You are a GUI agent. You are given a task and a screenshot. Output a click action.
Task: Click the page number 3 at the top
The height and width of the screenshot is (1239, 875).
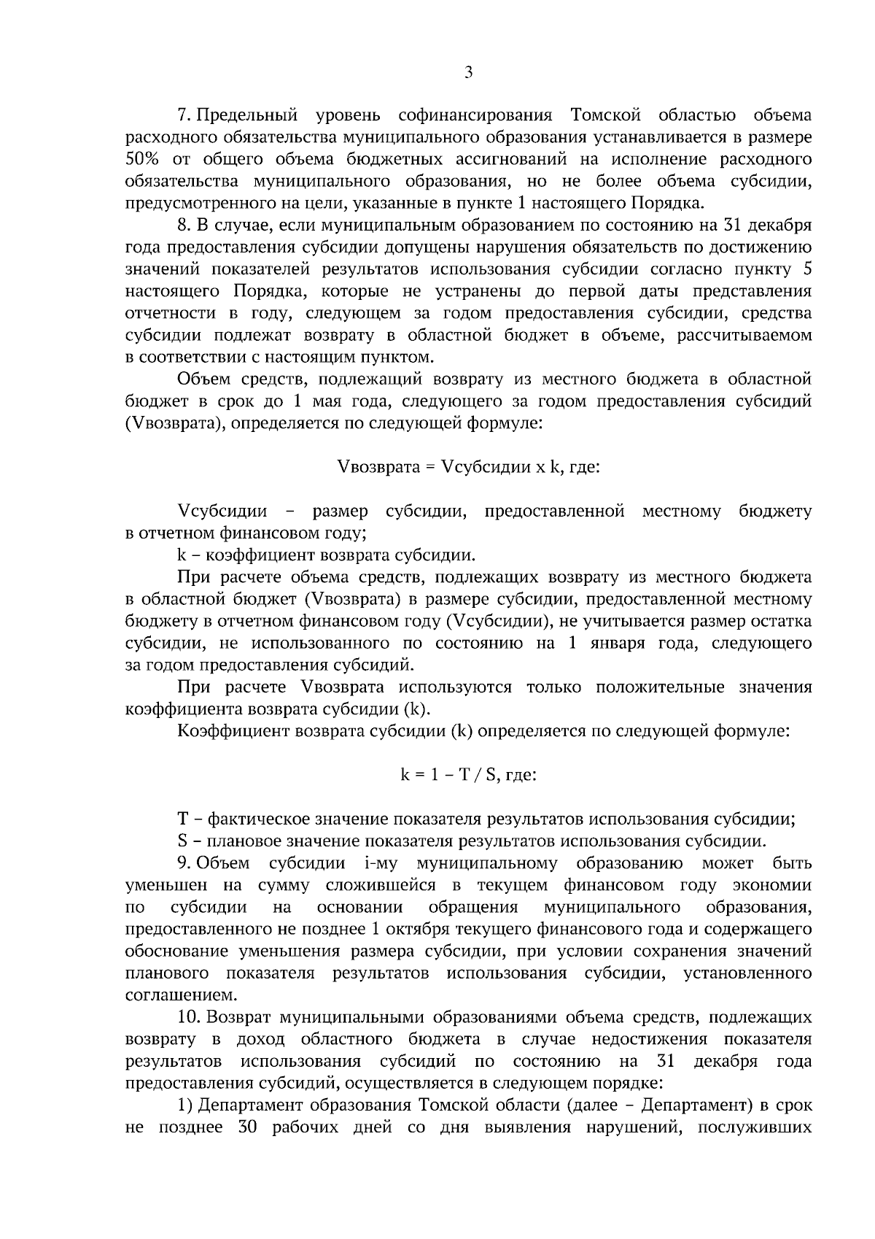coord(468,72)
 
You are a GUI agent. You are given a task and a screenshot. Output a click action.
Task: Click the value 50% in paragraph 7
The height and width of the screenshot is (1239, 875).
coord(142,159)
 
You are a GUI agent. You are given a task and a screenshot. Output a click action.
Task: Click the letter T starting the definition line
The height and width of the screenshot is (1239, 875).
coord(183,819)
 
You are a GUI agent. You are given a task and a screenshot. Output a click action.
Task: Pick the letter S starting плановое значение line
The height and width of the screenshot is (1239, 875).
coord(182,841)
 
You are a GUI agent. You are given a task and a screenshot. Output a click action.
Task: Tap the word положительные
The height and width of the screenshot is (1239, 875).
coord(661,687)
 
